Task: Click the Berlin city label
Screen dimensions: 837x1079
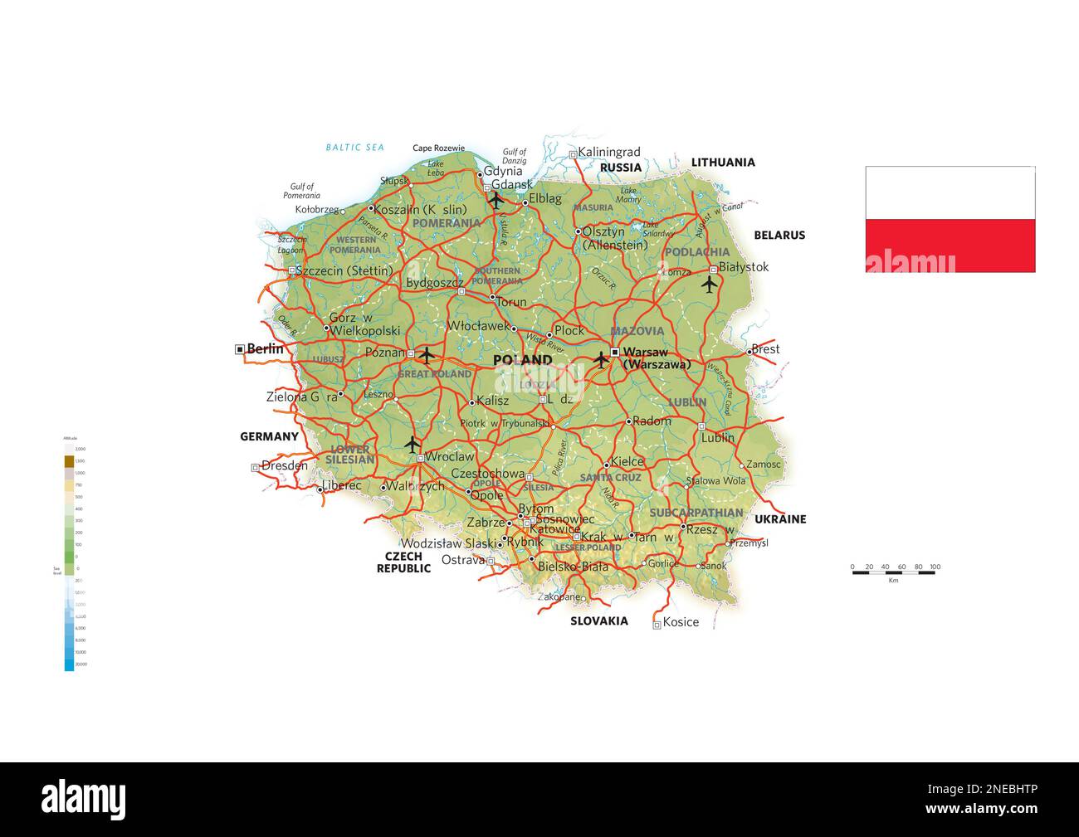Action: coord(265,349)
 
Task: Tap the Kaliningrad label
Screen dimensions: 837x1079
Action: coord(609,152)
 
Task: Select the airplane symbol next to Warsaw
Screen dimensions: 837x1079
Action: coord(602,360)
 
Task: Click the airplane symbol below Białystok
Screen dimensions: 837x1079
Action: coord(709,285)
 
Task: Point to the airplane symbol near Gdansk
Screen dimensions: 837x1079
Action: coord(496,200)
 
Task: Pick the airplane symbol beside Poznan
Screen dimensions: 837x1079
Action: coord(427,355)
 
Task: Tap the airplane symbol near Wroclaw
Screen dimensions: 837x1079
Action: coord(413,445)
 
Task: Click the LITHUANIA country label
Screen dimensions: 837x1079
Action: coord(723,163)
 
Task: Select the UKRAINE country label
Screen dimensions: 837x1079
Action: coord(779,519)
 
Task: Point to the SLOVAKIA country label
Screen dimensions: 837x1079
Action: coord(598,620)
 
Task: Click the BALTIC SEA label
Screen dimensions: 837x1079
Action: coord(354,148)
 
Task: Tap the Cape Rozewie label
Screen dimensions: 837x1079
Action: coord(438,148)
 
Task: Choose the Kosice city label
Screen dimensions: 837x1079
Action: coord(681,622)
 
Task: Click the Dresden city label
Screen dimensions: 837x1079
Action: coord(284,465)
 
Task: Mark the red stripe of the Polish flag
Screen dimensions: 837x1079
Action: coord(950,246)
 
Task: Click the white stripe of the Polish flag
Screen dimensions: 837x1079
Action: coord(950,192)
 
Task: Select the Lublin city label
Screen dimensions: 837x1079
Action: coord(718,437)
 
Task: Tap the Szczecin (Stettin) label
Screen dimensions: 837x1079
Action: coord(344,270)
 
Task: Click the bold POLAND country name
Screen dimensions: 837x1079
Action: coord(522,360)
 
